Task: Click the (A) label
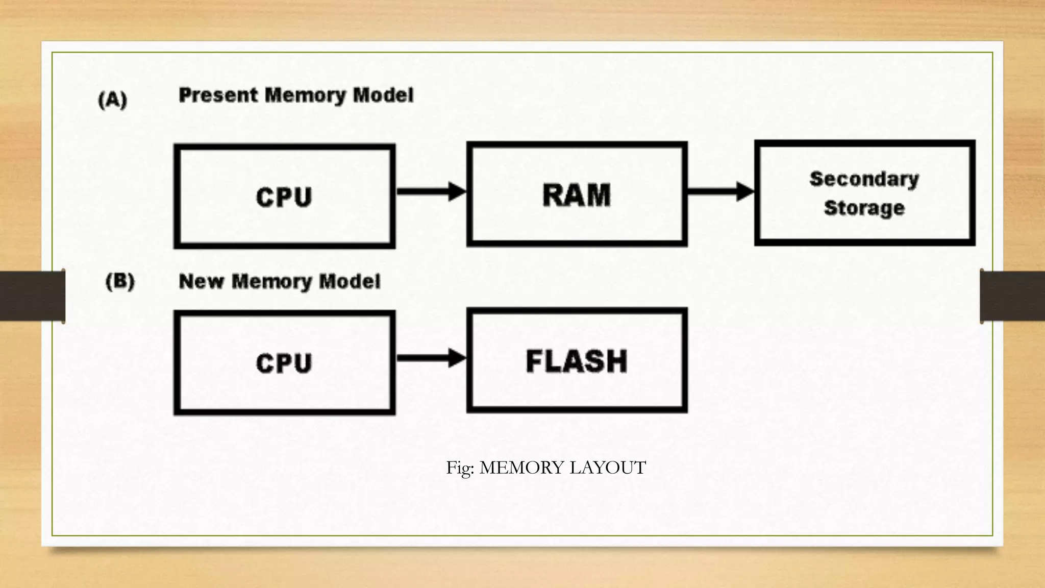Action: click(x=112, y=100)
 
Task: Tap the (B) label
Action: click(x=120, y=281)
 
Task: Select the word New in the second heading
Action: click(x=201, y=281)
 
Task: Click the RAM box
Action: click(x=577, y=194)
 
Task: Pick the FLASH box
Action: click(x=577, y=360)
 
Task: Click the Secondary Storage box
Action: click(x=864, y=193)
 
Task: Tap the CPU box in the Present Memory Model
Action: click(x=284, y=197)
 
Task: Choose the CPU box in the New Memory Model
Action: click(x=284, y=363)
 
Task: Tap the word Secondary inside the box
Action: click(x=864, y=179)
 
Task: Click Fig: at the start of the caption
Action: click(x=460, y=468)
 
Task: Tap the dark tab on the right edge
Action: click(x=1012, y=296)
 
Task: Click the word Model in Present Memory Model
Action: click(x=383, y=95)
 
